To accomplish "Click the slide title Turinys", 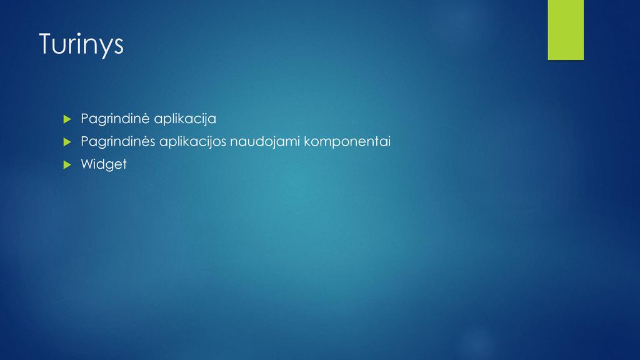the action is click(x=81, y=44).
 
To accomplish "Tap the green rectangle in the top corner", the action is click(x=566, y=30).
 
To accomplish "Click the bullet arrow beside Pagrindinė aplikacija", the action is click(x=67, y=119).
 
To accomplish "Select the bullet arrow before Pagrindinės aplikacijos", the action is click(x=67, y=142).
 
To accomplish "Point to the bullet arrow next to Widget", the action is click(x=67, y=165).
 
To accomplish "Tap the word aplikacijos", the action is click(x=192, y=142).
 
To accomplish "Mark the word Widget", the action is click(x=104, y=164).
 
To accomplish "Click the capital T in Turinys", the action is click(x=46, y=43).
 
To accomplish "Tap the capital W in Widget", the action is click(x=87, y=164).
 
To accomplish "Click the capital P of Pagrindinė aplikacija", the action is click(x=85, y=118).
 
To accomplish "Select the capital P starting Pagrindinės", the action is click(x=85, y=141).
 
